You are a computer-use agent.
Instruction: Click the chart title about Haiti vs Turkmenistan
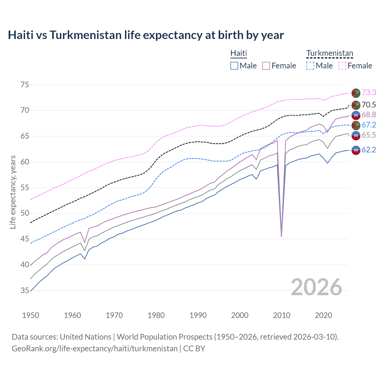146,35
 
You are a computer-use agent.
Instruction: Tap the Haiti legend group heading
238,53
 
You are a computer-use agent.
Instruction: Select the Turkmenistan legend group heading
329,53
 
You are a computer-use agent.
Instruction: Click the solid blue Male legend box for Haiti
234,66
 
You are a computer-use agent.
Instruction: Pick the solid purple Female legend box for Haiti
266,66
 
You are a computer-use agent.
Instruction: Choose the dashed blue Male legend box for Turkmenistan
310,66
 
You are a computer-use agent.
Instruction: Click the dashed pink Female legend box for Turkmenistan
342,66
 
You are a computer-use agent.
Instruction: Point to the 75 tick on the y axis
25,85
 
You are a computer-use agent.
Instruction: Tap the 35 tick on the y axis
25,291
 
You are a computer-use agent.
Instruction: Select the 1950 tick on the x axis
31,315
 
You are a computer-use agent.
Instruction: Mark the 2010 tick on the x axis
281,315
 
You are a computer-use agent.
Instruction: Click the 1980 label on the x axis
156,315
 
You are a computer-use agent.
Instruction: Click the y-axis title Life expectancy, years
13,192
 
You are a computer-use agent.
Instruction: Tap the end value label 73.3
369,92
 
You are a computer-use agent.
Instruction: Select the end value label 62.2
369,150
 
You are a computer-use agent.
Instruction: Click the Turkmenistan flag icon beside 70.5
356,105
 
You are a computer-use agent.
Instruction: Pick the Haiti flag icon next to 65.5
356,136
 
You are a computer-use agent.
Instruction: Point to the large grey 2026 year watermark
316,287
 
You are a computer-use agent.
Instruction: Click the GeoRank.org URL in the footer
94,349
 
